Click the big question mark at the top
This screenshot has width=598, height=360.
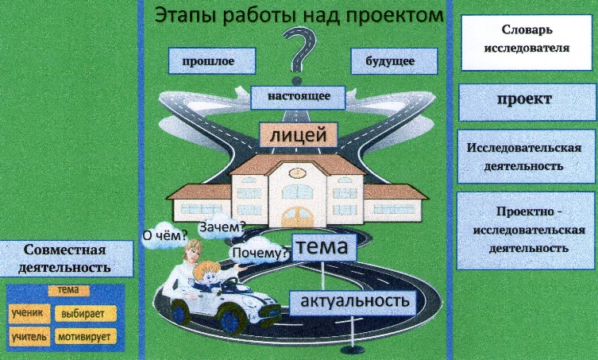(x=299, y=54)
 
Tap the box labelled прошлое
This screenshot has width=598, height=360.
(x=212, y=60)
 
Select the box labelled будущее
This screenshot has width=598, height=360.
(x=394, y=60)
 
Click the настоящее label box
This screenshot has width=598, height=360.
(x=299, y=97)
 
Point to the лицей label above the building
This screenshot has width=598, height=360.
(x=299, y=136)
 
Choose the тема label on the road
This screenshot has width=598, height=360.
(x=322, y=248)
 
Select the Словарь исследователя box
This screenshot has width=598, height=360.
(x=525, y=38)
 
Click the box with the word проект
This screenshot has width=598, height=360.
(x=525, y=100)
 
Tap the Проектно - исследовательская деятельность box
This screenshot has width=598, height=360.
(x=525, y=231)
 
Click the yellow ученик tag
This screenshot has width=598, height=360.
(x=28, y=312)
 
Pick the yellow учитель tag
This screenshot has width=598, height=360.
(x=29, y=337)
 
